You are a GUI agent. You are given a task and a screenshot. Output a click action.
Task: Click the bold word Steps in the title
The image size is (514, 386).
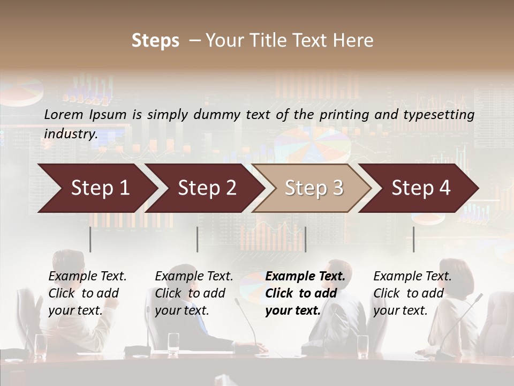[x=155, y=41]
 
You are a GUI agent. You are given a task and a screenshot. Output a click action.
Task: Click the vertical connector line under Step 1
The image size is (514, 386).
[x=90, y=239]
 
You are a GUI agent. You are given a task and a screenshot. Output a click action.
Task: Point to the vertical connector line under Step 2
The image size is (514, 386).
[x=198, y=239]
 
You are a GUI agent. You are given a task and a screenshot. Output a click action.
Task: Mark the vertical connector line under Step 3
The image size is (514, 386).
[x=305, y=239]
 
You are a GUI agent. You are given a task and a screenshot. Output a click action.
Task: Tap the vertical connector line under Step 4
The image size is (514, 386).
[x=413, y=239]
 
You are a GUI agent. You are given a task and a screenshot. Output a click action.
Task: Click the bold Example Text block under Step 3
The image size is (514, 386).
[x=305, y=293]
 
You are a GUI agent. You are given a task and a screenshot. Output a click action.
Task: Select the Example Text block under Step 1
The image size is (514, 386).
[x=87, y=293]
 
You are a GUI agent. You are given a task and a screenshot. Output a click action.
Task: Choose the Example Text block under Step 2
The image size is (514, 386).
[x=194, y=293]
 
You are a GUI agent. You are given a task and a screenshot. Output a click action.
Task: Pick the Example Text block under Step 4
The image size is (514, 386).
[x=412, y=293]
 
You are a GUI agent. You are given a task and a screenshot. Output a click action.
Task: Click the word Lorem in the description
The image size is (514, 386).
[x=64, y=114]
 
